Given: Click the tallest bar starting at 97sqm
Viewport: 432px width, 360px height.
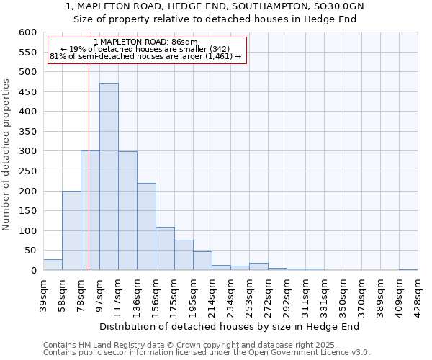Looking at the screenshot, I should point(109,176).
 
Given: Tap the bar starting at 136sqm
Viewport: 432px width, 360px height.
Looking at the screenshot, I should point(146,227).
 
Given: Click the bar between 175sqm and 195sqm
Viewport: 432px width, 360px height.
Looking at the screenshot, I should point(184,256).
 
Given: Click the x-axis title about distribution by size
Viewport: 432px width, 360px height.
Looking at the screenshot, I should point(229,326).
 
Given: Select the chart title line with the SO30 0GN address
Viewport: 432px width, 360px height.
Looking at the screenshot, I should point(215,6).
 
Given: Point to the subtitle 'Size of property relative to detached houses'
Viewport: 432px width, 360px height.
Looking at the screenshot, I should point(215,19).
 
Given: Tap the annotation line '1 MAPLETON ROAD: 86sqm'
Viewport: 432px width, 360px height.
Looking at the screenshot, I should point(145,42).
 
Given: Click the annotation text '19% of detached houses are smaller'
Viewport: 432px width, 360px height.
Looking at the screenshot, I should point(145,49).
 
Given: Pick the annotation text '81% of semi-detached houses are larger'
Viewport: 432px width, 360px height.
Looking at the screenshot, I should point(145,56).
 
